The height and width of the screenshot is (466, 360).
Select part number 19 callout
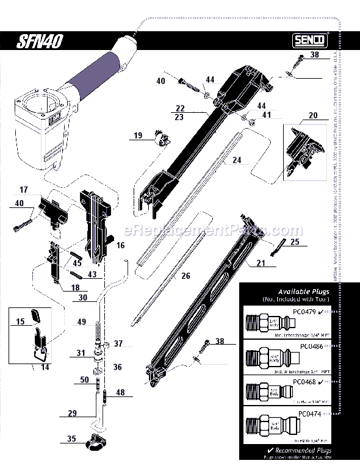[x=138, y=135]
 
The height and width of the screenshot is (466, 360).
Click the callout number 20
[x=314, y=116]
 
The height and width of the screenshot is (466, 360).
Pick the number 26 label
[x=185, y=276]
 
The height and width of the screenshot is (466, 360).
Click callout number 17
[x=24, y=189]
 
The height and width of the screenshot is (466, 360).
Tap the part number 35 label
[x=71, y=438]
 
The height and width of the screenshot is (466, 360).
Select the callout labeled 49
[x=82, y=323]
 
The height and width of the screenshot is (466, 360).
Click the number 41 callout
[x=267, y=114]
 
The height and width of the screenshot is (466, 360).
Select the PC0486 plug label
[x=311, y=346]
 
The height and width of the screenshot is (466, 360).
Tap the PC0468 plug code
[x=306, y=381]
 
